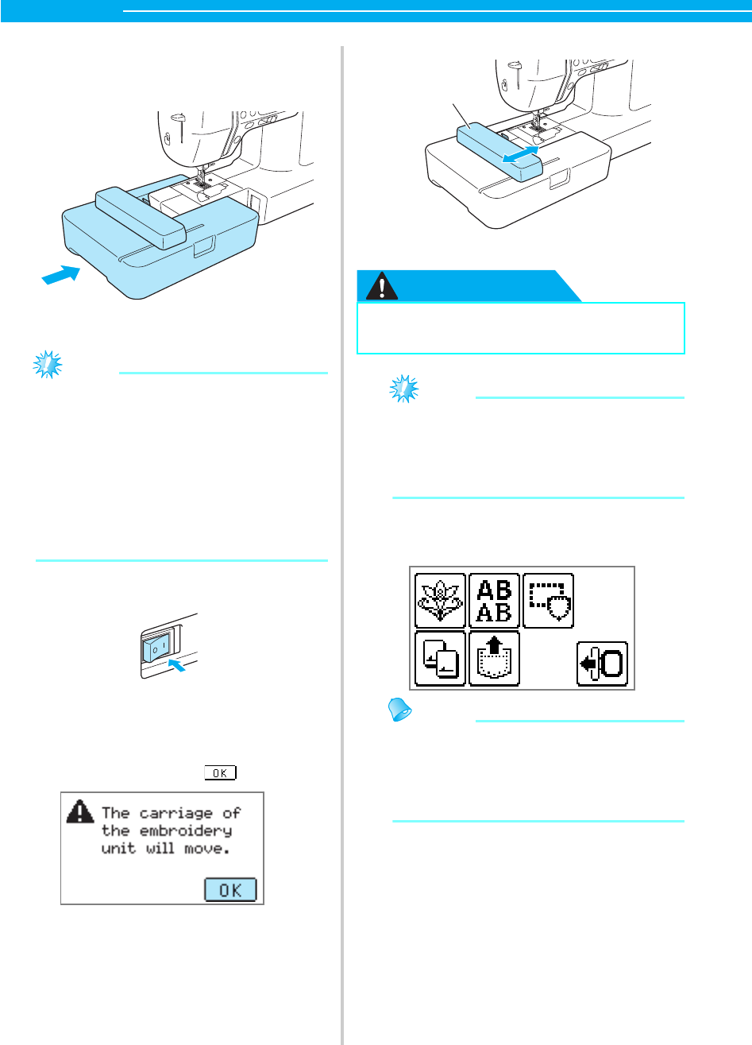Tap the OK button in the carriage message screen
230,889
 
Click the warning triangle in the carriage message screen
79,811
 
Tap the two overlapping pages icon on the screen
441,659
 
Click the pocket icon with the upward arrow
494,659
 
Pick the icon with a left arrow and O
601,663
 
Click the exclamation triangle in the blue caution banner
387,286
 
